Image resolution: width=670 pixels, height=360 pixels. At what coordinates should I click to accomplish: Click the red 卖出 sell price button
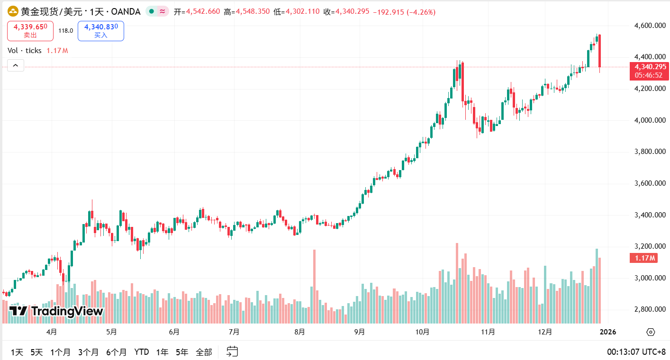(x=30, y=31)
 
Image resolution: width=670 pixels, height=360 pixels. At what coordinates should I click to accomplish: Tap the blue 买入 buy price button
(x=101, y=31)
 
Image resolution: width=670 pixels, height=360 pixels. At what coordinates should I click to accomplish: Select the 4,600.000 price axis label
(x=649, y=26)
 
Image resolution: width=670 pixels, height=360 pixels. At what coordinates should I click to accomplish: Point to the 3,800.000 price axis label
(x=649, y=152)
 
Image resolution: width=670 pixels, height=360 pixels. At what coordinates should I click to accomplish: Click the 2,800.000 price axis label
(x=649, y=309)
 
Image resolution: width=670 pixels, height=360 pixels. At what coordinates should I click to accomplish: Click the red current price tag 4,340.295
(x=648, y=67)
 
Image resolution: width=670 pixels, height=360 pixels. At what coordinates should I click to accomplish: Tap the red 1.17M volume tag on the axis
(x=643, y=258)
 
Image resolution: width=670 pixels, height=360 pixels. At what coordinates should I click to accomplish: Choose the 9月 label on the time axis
(x=359, y=332)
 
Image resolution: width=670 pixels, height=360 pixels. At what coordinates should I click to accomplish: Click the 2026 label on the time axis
(x=608, y=332)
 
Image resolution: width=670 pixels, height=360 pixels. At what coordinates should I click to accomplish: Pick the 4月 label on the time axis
(x=52, y=332)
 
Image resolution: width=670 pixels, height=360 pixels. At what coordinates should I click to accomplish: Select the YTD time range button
(x=142, y=352)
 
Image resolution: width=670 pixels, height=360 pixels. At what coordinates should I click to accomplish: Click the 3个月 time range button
(x=88, y=352)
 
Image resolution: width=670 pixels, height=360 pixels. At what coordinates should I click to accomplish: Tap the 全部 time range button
(x=204, y=352)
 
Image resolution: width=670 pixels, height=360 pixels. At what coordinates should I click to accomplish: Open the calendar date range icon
(x=232, y=351)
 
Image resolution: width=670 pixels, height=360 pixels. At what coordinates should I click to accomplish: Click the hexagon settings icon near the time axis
(x=650, y=332)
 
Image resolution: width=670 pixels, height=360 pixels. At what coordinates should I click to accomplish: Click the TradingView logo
(x=56, y=311)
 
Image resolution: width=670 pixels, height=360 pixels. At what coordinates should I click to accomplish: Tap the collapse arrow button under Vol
(x=15, y=66)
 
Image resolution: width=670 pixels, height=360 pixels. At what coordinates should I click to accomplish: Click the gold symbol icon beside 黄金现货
(x=13, y=11)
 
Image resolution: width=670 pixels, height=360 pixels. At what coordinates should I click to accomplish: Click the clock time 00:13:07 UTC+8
(x=636, y=352)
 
